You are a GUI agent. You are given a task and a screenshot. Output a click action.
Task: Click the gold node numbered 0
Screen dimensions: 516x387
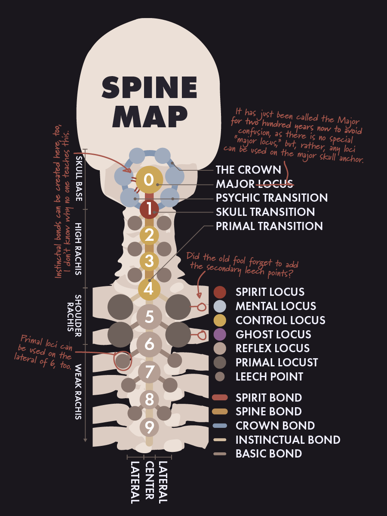point(149,179)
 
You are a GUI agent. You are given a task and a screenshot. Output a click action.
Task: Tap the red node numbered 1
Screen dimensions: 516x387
point(149,209)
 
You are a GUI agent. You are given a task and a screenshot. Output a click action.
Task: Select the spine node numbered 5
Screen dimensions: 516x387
point(149,317)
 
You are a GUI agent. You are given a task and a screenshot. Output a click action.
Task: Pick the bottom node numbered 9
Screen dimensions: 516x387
point(149,427)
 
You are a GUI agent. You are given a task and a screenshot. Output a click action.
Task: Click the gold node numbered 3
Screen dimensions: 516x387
point(149,261)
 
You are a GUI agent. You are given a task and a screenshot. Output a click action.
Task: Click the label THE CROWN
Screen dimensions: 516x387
point(248,170)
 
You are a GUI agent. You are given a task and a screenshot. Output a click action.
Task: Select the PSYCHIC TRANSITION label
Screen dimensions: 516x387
point(271,198)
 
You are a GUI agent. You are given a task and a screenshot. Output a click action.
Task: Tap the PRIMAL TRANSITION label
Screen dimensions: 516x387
point(269,226)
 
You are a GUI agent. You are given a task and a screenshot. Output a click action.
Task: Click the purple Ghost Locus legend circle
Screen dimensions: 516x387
point(220,334)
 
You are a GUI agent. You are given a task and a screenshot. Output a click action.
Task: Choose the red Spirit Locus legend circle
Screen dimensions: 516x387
point(220,292)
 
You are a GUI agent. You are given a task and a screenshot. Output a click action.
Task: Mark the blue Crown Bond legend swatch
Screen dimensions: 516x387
point(220,426)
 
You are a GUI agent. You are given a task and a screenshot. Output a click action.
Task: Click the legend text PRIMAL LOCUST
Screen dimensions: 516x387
point(276,362)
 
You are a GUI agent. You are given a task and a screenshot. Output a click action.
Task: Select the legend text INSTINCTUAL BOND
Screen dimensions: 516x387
point(288,439)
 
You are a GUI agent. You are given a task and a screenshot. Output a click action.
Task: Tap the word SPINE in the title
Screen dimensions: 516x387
point(149,87)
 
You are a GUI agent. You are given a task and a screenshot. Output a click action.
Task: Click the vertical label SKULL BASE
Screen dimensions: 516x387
point(80,178)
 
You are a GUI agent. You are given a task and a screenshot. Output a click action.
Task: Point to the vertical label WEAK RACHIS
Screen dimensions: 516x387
point(80,392)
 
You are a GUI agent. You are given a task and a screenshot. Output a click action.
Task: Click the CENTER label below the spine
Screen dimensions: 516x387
point(149,480)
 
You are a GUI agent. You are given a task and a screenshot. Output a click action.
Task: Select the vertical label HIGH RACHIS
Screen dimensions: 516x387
point(80,249)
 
